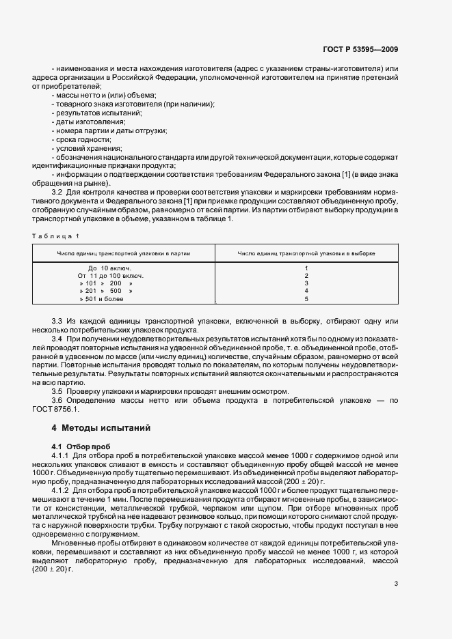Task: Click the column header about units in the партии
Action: coord(124,253)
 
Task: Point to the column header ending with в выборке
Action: coord(306,253)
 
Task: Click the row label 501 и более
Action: coord(99,298)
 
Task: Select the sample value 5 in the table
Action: coord(306,298)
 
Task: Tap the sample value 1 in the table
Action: coord(306,268)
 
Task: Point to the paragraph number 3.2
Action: coord(57,193)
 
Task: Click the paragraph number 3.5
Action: coord(57,390)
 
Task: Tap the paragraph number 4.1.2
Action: coord(61,490)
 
